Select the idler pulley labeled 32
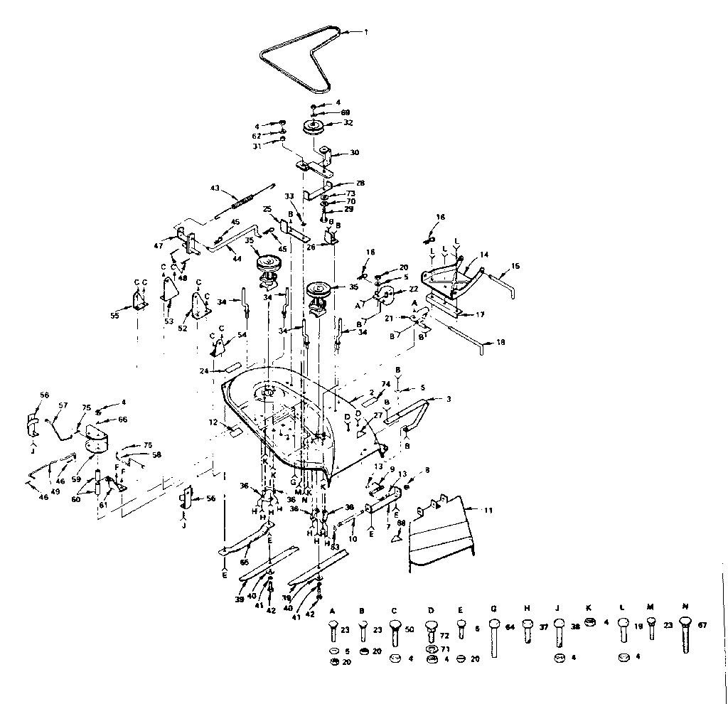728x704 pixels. coord(313,128)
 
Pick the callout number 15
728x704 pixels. coord(515,266)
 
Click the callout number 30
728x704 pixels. coord(354,153)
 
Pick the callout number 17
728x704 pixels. coord(481,313)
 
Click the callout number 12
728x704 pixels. coord(212,422)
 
